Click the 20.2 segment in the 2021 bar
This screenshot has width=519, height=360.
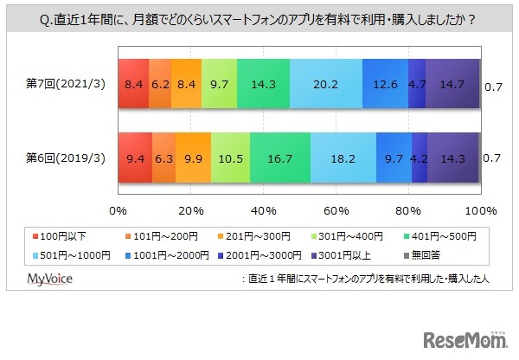326,84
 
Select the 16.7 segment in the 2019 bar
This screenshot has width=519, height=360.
280,158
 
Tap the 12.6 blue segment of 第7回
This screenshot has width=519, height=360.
385,84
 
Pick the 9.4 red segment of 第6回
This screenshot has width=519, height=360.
134,158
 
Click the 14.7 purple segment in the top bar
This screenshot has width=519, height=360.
452,84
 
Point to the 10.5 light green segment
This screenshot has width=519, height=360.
231,158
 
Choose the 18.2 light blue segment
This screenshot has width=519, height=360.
343,158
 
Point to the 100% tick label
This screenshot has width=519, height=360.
480,210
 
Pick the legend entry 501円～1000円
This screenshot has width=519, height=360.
69,255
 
